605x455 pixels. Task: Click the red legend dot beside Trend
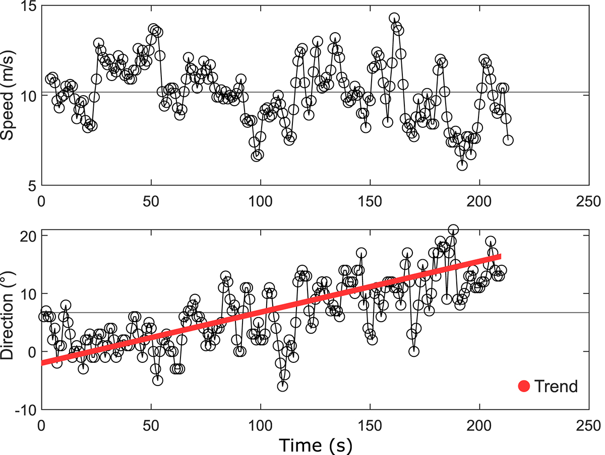tap(524, 387)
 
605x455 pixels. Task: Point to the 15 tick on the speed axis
tap(27, 6)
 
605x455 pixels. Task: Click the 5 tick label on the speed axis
tap(30, 186)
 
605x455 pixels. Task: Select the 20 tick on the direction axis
tap(27, 236)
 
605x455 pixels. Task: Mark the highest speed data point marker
tap(394, 18)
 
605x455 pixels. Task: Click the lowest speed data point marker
tap(462, 165)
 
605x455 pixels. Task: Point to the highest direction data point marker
tap(453, 230)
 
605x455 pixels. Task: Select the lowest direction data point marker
tap(282, 386)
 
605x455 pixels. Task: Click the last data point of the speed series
tap(508, 140)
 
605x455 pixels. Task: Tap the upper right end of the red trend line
tap(500, 256)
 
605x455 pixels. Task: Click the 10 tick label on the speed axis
tap(27, 96)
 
